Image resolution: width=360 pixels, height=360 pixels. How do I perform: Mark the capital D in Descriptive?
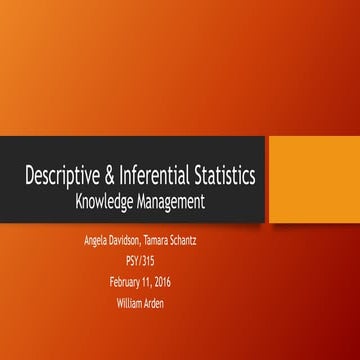pyautogui.click(x=31, y=177)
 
